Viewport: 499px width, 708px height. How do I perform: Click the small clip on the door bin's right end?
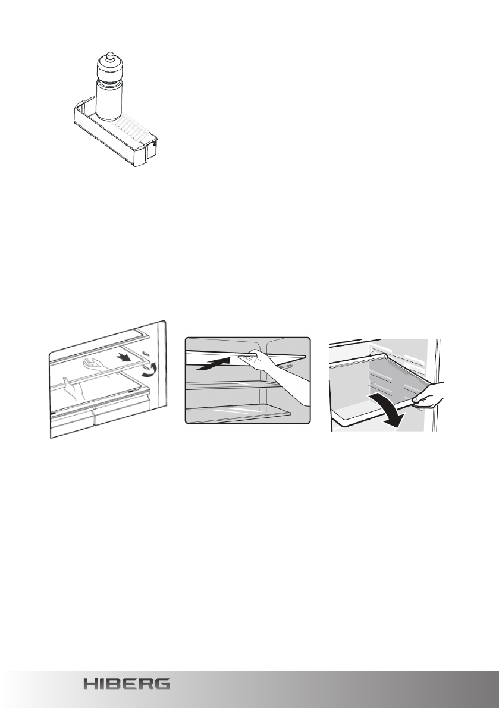tap(155, 143)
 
